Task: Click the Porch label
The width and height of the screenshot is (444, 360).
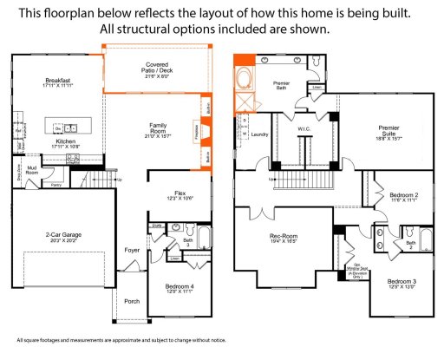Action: (132, 301)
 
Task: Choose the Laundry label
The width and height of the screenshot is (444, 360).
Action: (259, 134)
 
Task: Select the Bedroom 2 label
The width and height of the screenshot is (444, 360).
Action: (403, 196)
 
